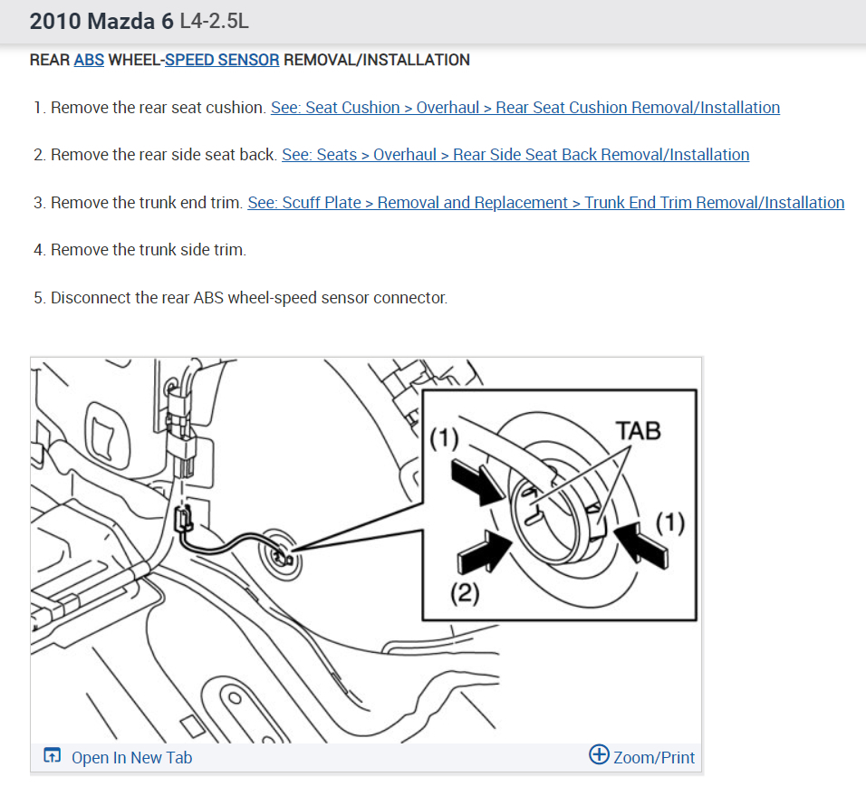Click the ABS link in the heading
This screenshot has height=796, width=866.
pyautogui.click(x=89, y=61)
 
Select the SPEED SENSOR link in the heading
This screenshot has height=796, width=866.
pyautogui.click(x=222, y=61)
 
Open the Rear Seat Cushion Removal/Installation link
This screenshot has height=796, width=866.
pyautogui.click(x=524, y=108)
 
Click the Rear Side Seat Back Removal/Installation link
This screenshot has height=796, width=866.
pyautogui.click(x=515, y=155)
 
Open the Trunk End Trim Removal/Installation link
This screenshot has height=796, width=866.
pyautogui.click(x=545, y=203)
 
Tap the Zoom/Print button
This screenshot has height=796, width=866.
pyautogui.click(x=643, y=757)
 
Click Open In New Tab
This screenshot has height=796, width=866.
pyautogui.click(x=131, y=758)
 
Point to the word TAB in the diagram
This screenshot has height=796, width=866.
pyautogui.click(x=639, y=430)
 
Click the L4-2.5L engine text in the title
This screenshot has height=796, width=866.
pyautogui.click(x=215, y=20)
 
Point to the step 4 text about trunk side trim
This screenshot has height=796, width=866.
pyautogui.click(x=148, y=250)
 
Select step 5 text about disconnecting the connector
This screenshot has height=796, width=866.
pyautogui.click(x=248, y=298)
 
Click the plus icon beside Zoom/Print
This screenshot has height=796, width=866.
pyautogui.click(x=599, y=755)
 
